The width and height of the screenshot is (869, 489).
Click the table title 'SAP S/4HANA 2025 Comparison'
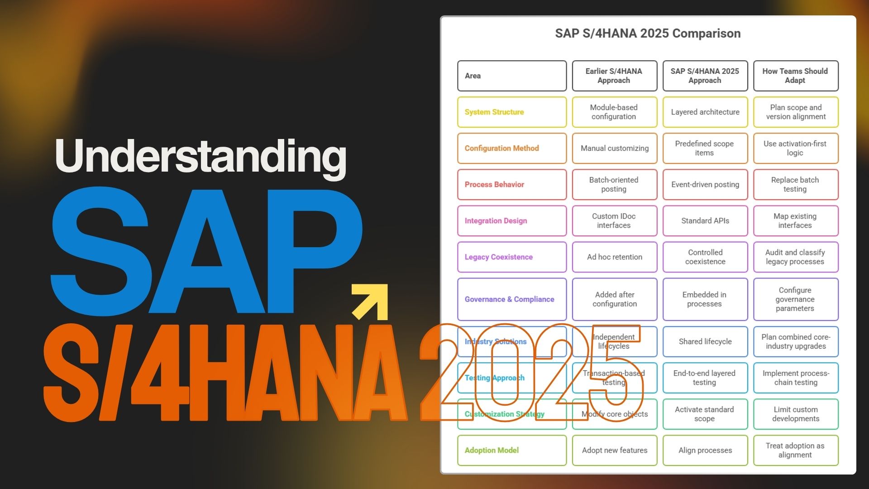coord(647,34)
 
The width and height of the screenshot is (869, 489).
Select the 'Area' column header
coord(511,76)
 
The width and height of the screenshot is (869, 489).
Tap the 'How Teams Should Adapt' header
coord(795,76)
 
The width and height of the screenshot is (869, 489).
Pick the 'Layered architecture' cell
coord(705,112)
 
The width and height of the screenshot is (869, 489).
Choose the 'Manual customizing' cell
coord(614,148)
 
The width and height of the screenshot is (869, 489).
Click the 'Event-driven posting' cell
coord(705,184)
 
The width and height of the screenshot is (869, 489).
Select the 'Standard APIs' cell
coord(705,221)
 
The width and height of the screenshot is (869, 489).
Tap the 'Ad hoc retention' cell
coord(614,257)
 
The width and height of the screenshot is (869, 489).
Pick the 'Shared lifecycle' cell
coord(705,341)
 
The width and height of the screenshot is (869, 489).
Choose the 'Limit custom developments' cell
coord(795,414)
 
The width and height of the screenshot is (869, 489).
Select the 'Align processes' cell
coord(705,450)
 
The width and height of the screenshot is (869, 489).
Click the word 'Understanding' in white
coord(201,156)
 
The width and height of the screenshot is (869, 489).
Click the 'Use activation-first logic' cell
coord(795,148)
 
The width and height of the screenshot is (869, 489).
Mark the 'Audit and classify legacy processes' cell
coord(795,257)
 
